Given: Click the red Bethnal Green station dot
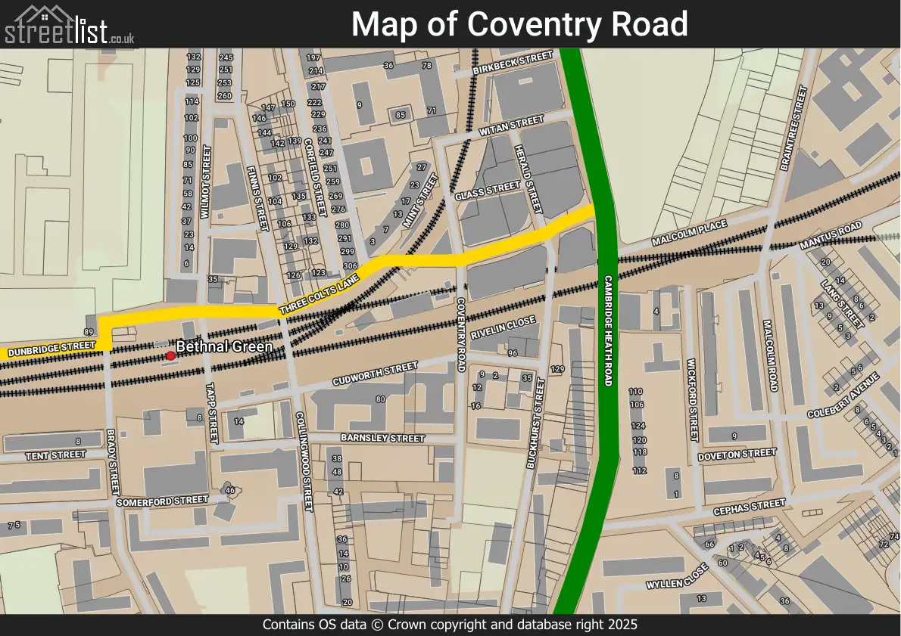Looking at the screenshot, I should (170, 355).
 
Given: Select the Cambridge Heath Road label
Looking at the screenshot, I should (607, 330).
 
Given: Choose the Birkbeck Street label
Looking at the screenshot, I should (513, 64).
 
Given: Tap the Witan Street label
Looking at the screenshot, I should (511, 127).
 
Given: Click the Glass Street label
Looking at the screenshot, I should (488, 191).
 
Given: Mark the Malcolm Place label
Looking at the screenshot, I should (689, 233).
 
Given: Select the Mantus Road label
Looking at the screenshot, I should (831, 236).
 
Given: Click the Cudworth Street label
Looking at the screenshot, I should (375, 374).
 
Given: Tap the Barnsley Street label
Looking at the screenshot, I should (382, 439).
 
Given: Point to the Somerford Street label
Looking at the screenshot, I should (161, 501).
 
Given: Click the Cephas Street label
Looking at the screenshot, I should (749, 506).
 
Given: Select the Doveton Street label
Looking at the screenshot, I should (737, 455).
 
